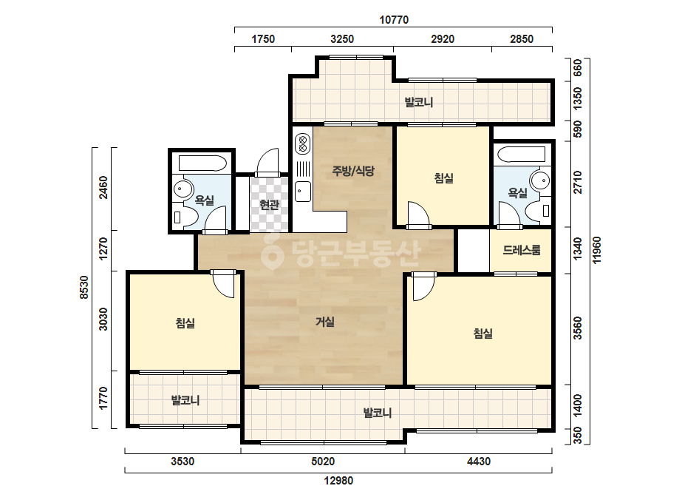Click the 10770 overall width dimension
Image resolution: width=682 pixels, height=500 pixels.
pyautogui.click(x=394, y=20)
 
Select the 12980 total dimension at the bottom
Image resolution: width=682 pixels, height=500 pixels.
pyautogui.click(x=338, y=481)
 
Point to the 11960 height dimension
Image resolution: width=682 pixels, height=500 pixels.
pyautogui.click(x=597, y=250)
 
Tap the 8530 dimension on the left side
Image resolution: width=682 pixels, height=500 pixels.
pyautogui.click(x=84, y=288)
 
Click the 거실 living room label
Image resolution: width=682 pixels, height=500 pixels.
pyautogui.click(x=325, y=322)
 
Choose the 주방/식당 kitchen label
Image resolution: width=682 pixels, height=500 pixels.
pyautogui.click(x=352, y=171)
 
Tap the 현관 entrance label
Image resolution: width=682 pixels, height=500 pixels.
pyautogui.click(x=269, y=205)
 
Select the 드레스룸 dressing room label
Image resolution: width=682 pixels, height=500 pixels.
pyautogui.click(x=522, y=250)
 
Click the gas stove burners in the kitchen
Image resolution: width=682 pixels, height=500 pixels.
pyautogui.click(x=303, y=144)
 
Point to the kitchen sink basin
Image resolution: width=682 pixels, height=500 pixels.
pyautogui.click(x=303, y=192)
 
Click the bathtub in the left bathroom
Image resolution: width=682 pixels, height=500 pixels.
pyautogui.click(x=202, y=163)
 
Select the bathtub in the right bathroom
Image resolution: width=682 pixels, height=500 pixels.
pyautogui.click(x=521, y=155)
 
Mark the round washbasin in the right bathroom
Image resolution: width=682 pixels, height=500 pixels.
pyautogui.click(x=542, y=180)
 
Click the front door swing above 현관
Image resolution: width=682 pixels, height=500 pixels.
pyautogui.click(x=267, y=163)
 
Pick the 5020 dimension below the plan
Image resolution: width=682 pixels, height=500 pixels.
pyautogui.click(x=323, y=462)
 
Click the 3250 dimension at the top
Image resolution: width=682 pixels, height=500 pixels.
pyautogui.click(x=342, y=39)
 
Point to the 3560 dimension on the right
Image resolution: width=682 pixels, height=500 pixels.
pyautogui.click(x=578, y=328)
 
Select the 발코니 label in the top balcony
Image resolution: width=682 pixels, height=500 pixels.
pyautogui.click(x=419, y=102)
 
